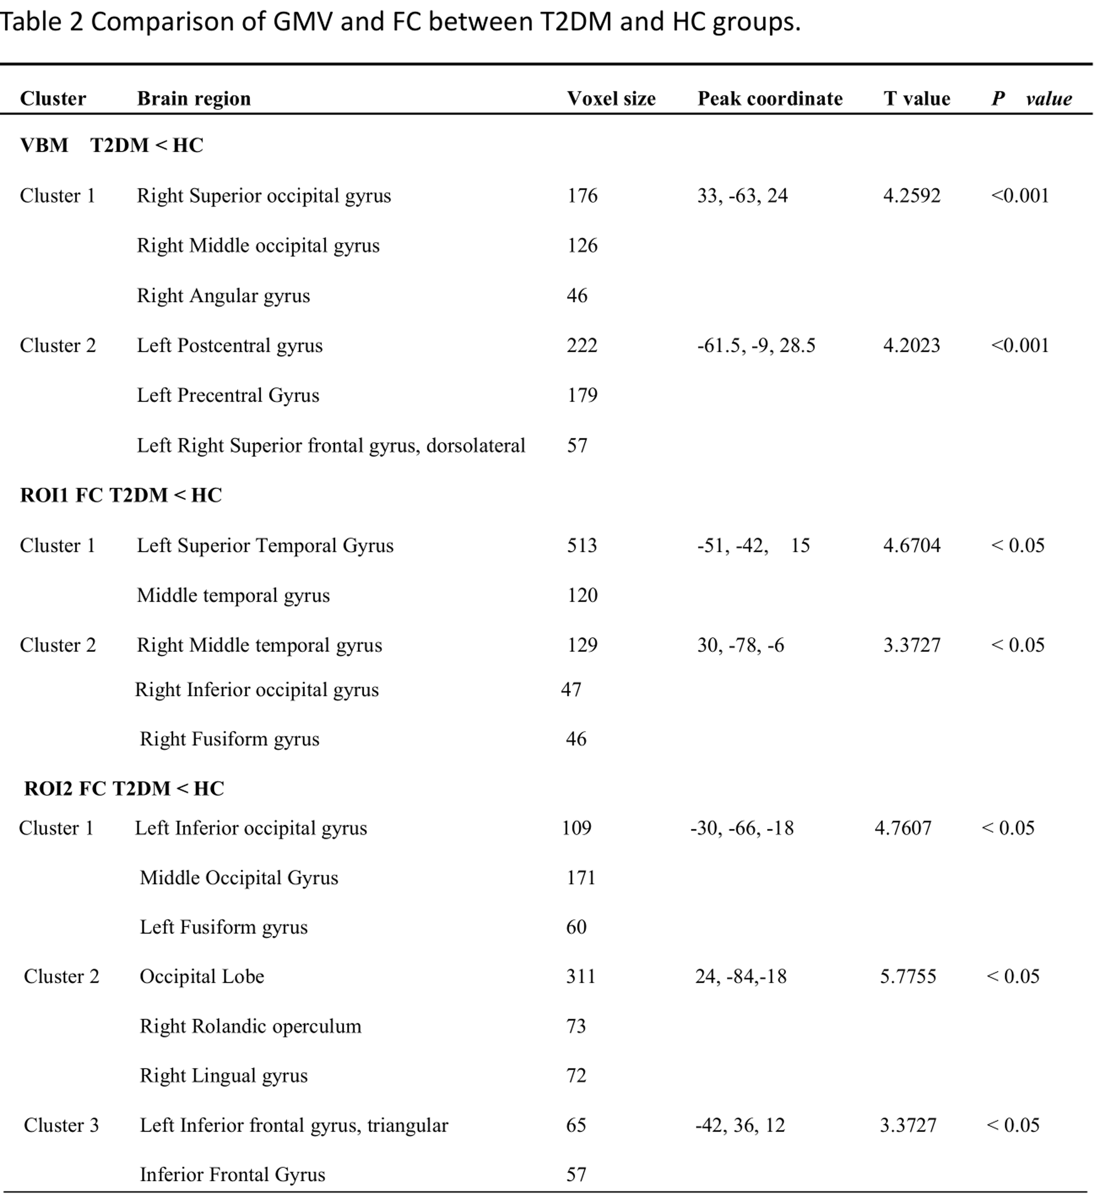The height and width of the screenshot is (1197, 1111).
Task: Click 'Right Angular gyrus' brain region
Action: click(x=223, y=296)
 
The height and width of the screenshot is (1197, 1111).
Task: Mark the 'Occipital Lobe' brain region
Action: click(x=202, y=976)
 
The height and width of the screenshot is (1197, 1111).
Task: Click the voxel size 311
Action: click(x=580, y=976)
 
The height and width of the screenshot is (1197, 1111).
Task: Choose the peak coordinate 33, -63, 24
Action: click(x=742, y=196)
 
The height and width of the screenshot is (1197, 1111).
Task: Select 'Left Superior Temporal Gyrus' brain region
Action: click(x=265, y=545)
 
